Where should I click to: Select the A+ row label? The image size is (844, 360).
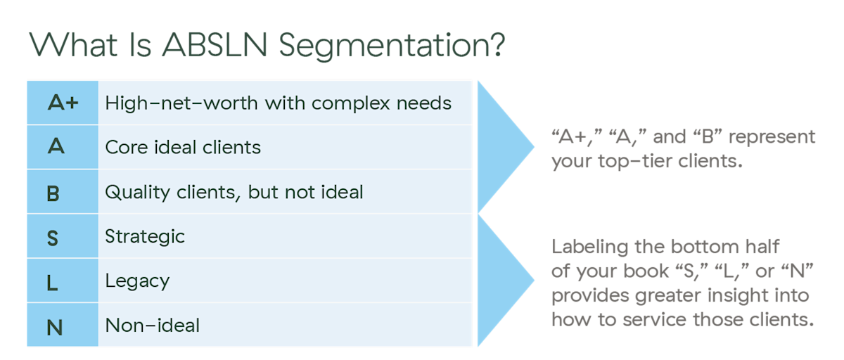(x=63, y=103)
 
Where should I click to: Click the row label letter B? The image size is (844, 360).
(x=53, y=193)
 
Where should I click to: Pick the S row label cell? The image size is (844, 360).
(x=53, y=238)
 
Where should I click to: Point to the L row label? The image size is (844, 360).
(x=53, y=283)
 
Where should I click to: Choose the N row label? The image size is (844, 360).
(x=54, y=327)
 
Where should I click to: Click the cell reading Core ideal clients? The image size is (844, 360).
(x=183, y=148)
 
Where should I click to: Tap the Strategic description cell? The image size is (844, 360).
(x=145, y=236)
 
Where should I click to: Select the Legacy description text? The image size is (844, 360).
(x=137, y=281)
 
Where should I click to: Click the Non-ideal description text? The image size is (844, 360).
(x=153, y=326)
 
